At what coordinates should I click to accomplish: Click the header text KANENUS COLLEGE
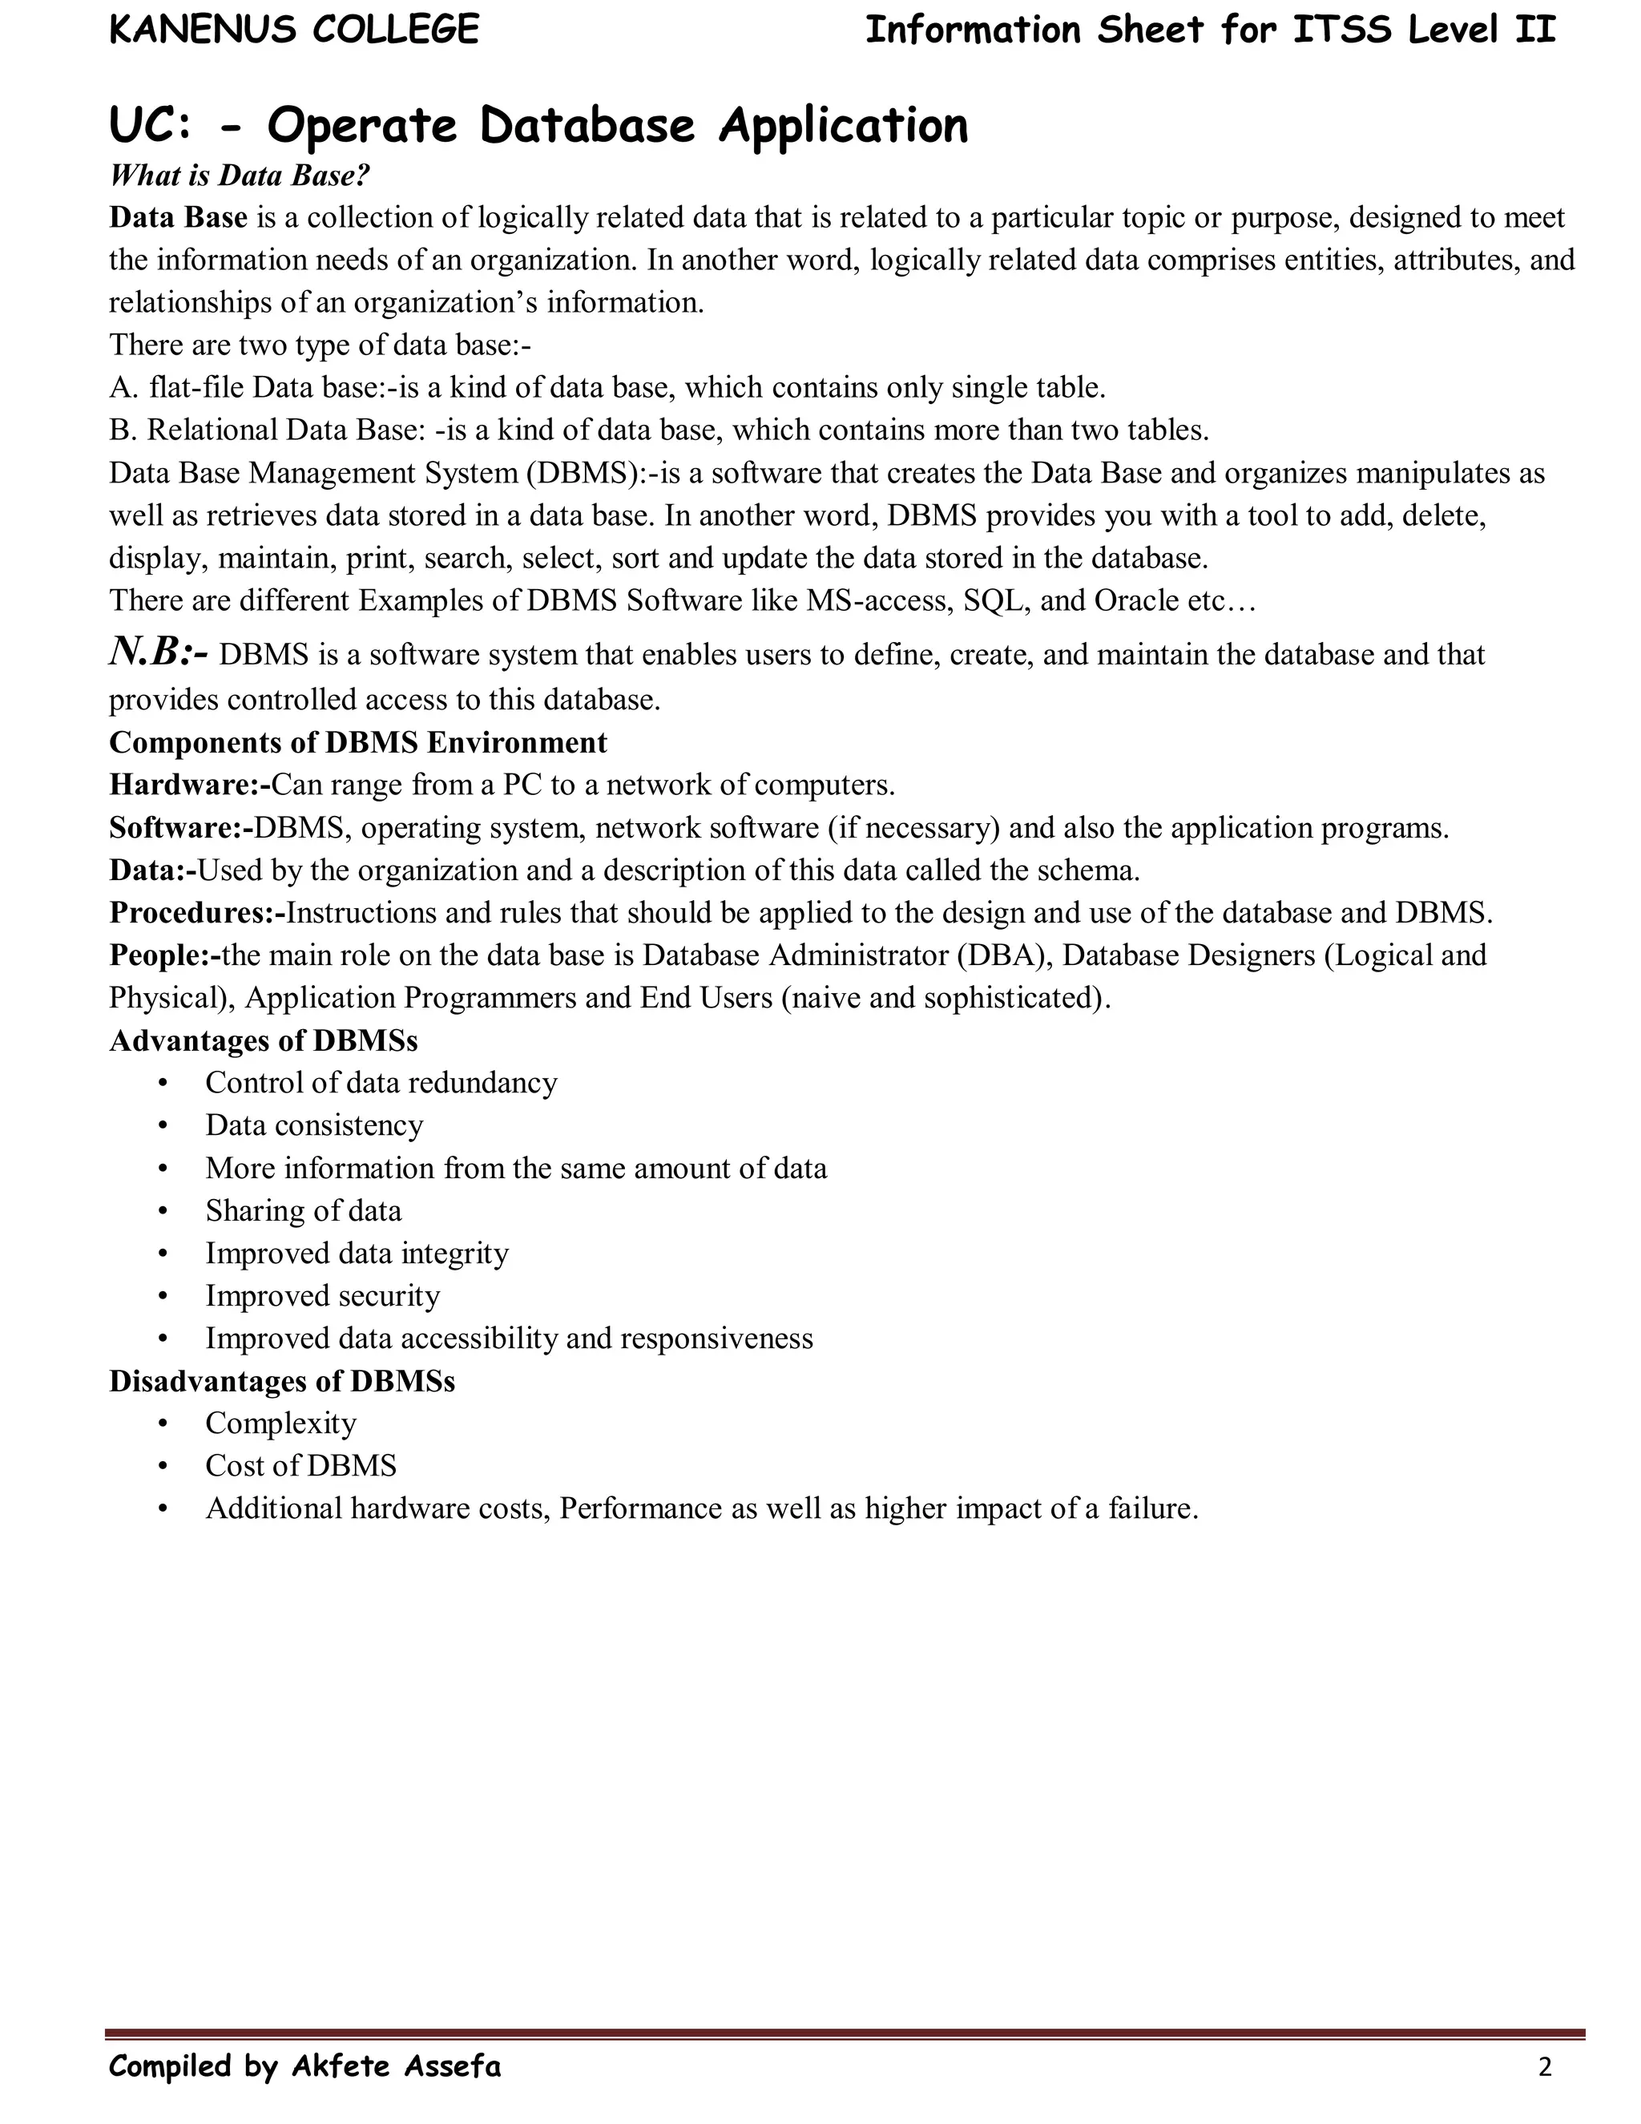point(293,30)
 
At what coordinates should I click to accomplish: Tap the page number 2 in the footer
point(1545,2066)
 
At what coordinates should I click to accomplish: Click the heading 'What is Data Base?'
point(239,175)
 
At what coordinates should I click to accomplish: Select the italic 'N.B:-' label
point(158,652)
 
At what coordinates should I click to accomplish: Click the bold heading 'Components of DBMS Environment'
point(357,742)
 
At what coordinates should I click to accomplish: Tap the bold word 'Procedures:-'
point(197,912)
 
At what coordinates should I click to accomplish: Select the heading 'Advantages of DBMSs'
point(264,1040)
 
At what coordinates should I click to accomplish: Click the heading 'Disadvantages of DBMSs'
point(282,1381)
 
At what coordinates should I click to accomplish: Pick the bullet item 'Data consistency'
point(314,1125)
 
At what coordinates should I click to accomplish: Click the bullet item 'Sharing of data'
point(304,1211)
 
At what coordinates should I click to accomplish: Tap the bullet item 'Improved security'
point(323,1295)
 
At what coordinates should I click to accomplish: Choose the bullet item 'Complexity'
point(281,1423)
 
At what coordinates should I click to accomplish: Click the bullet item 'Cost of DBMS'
point(301,1466)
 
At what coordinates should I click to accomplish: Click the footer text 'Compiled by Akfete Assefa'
point(305,2065)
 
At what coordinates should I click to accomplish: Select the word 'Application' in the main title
point(843,127)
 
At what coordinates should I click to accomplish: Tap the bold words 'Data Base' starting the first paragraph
point(178,217)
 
